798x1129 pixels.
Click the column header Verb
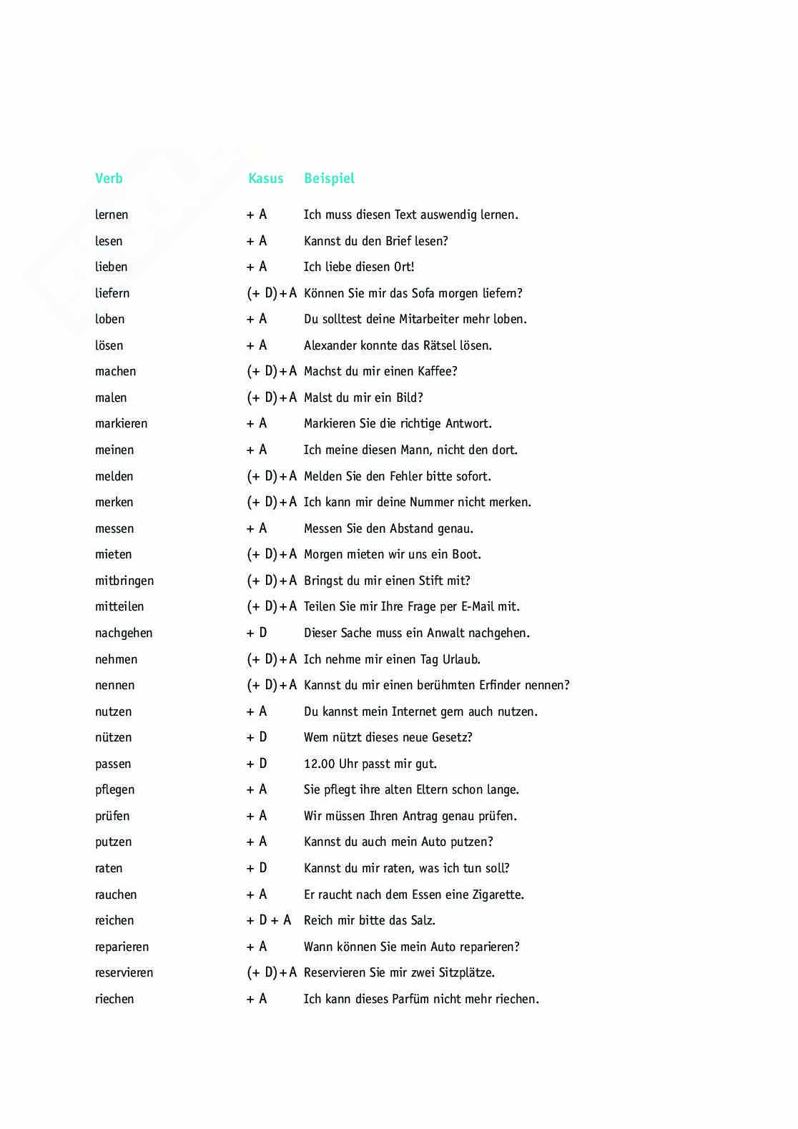pyautogui.click(x=109, y=179)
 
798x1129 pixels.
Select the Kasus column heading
pyautogui.click(x=265, y=179)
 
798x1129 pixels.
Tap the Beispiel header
pyautogui.click(x=329, y=179)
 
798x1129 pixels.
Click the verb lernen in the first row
pyautogui.click(x=112, y=215)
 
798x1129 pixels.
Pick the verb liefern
pyautogui.click(x=112, y=293)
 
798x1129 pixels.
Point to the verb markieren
pyautogui.click(x=121, y=423)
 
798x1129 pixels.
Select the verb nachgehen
pyautogui.click(x=124, y=633)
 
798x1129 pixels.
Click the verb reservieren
pyautogui.click(x=124, y=972)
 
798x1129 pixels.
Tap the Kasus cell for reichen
pyautogui.click(x=269, y=920)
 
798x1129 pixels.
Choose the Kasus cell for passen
pyautogui.click(x=257, y=764)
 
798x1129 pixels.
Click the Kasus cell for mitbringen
pyautogui.click(x=272, y=581)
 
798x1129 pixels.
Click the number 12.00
pyautogui.click(x=320, y=764)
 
